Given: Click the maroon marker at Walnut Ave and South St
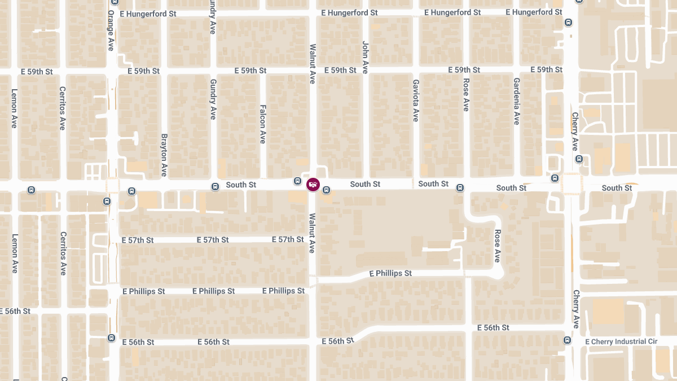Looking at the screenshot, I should pyautogui.click(x=313, y=184).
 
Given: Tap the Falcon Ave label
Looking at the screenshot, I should pyautogui.click(x=262, y=124).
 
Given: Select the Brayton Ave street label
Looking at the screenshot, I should pyautogui.click(x=164, y=155).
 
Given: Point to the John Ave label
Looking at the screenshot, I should pyautogui.click(x=365, y=58).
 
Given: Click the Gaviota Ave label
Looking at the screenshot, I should pyautogui.click(x=415, y=100).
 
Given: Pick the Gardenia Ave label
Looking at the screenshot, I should pyautogui.click(x=516, y=101).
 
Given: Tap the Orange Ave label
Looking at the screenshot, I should pyautogui.click(x=111, y=30).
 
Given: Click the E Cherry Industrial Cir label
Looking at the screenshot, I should pyautogui.click(x=621, y=341).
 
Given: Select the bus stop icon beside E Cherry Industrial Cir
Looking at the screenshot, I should pyautogui.click(x=567, y=340).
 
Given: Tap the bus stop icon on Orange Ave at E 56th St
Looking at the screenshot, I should pyautogui.click(x=111, y=338).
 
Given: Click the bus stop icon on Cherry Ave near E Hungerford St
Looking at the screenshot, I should pyautogui.click(x=568, y=23).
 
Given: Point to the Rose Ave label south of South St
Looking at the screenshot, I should pyautogui.click(x=498, y=246).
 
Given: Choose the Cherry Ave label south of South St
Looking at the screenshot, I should pyautogui.click(x=575, y=309).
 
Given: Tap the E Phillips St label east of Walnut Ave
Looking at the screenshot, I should pyautogui.click(x=390, y=273).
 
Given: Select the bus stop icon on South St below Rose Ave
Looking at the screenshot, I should pyautogui.click(x=460, y=187).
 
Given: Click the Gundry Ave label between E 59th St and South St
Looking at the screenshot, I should pyautogui.click(x=213, y=99).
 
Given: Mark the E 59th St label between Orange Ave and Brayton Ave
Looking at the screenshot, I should pyautogui.click(x=143, y=71).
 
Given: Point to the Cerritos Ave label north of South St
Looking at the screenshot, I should pyautogui.click(x=63, y=108).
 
